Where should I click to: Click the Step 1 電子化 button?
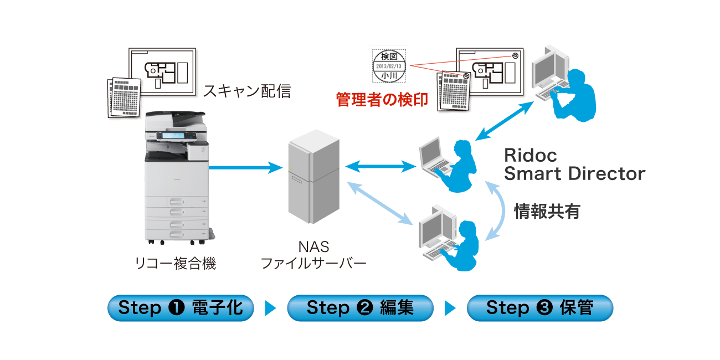pos(181,308)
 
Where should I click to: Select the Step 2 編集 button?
pos(360,308)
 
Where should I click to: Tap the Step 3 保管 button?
pos(539,308)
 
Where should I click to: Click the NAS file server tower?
pos(311,177)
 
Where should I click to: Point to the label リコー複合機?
pos(176,264)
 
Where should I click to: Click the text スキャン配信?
pos(247,91)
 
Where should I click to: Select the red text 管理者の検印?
pos(382,100)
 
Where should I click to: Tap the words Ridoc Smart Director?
pos(574,164)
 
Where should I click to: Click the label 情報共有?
pos(547,211)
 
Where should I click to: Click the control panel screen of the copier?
pos(172,135)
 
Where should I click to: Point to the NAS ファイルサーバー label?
pos(313,255)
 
